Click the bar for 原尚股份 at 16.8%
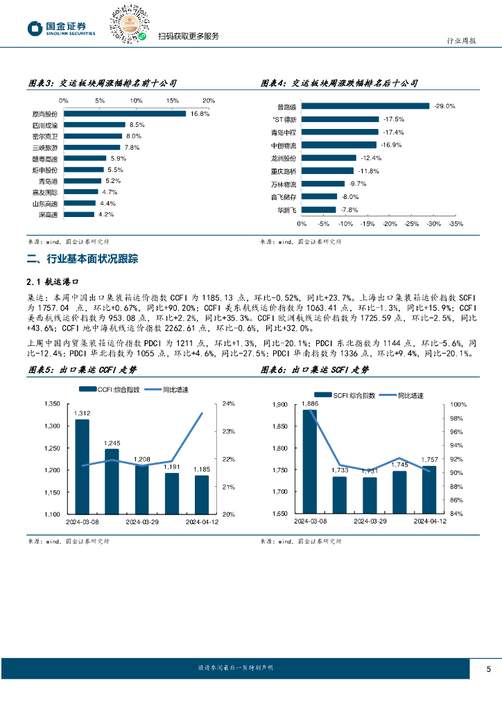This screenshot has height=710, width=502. pos(125,114)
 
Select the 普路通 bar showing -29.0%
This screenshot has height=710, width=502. pos(365,106)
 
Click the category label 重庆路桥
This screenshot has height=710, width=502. pos(284,171)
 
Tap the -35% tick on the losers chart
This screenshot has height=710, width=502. pos(456,224)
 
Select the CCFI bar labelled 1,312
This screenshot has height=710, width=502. pos(83,467)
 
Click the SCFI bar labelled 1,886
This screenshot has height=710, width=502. pos(310,462)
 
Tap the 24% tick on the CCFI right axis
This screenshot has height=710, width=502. pos(230,403)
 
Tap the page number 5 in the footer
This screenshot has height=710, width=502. pos(488,669)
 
